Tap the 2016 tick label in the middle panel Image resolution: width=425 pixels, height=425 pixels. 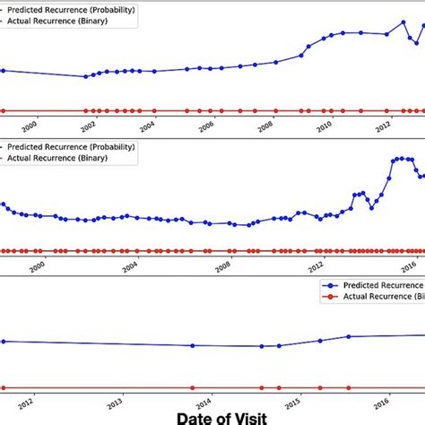click(409, 266)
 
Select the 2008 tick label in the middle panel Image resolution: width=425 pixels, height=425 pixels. click(223, 266)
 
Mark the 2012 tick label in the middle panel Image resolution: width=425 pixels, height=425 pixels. click(317, 266)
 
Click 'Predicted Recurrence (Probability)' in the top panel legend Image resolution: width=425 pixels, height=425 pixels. click(68, 8)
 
